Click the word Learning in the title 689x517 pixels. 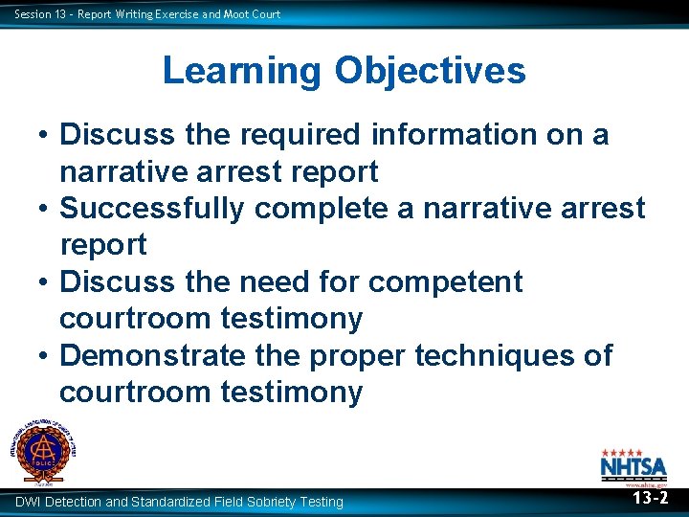click(243, 71)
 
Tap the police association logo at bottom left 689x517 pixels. click(44, 449)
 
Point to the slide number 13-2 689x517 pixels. click(651, 499)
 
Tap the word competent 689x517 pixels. click(446, 281)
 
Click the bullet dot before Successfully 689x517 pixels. click(45, 209)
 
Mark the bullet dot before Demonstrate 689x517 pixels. click(45, 356)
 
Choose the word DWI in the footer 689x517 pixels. click(28, 502)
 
